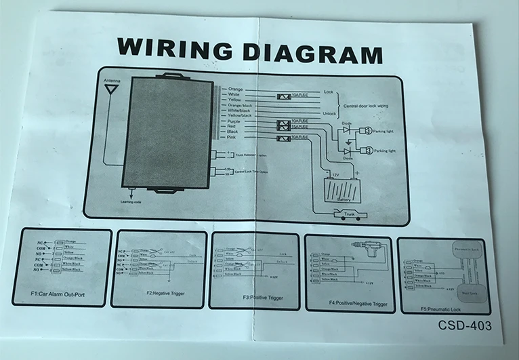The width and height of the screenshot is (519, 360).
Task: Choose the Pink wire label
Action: point(232,138)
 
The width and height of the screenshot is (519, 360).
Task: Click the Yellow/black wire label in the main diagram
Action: point(241,115)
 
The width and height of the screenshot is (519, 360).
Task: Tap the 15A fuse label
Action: point(298,127)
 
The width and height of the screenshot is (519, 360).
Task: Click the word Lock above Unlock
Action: point(329,92)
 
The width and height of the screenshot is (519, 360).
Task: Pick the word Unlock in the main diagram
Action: point(331,113)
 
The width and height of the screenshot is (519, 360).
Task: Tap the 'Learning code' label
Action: point(132,201)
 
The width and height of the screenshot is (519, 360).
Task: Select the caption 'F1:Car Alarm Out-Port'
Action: point(62,295)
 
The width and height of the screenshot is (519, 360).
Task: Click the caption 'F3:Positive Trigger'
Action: point(253,296)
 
